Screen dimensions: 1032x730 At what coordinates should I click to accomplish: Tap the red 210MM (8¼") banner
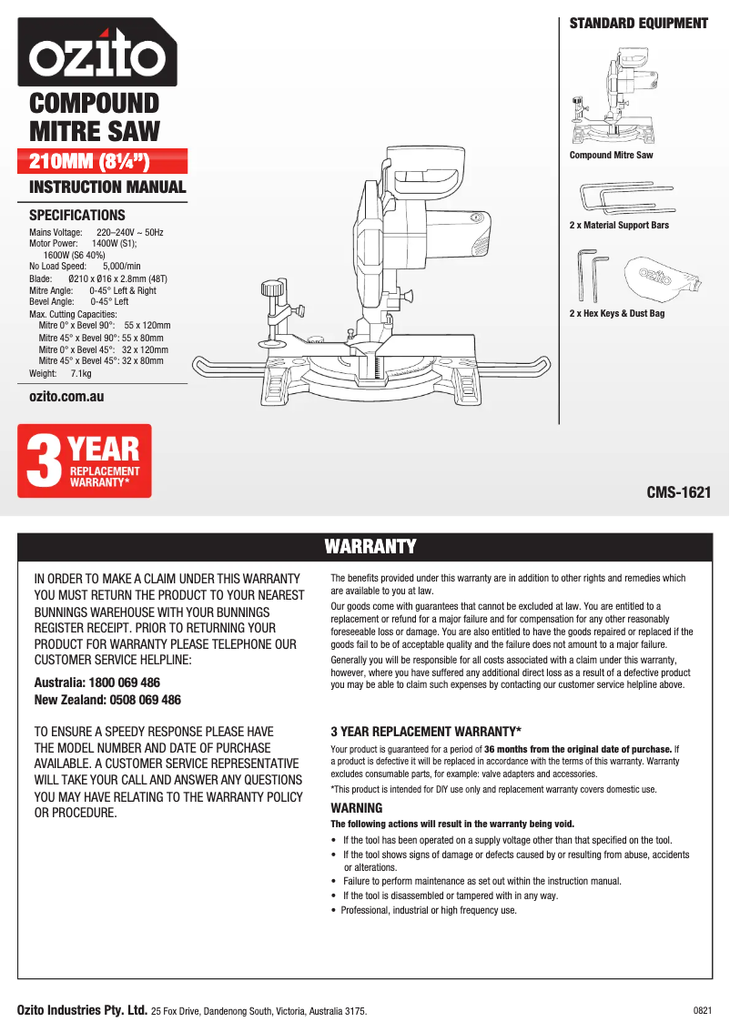108,162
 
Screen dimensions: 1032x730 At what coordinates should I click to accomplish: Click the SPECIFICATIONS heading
77,216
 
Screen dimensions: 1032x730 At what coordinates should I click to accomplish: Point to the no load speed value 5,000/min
121,267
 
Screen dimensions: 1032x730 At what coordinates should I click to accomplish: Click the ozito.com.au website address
66,397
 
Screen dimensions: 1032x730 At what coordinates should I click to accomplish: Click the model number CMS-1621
678,493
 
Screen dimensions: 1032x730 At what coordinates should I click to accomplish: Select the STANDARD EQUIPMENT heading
638,24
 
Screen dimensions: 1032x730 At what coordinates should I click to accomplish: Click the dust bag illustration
659,278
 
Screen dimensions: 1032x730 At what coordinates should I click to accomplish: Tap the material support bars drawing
628,196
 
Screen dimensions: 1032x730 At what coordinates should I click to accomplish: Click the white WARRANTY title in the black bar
370,546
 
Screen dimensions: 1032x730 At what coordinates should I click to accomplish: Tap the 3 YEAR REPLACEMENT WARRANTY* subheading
425,732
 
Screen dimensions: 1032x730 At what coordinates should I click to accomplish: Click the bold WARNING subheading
357,808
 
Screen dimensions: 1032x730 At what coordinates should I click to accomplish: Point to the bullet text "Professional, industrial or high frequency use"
429,910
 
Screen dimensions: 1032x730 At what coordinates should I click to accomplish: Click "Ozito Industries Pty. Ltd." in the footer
83,1010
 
